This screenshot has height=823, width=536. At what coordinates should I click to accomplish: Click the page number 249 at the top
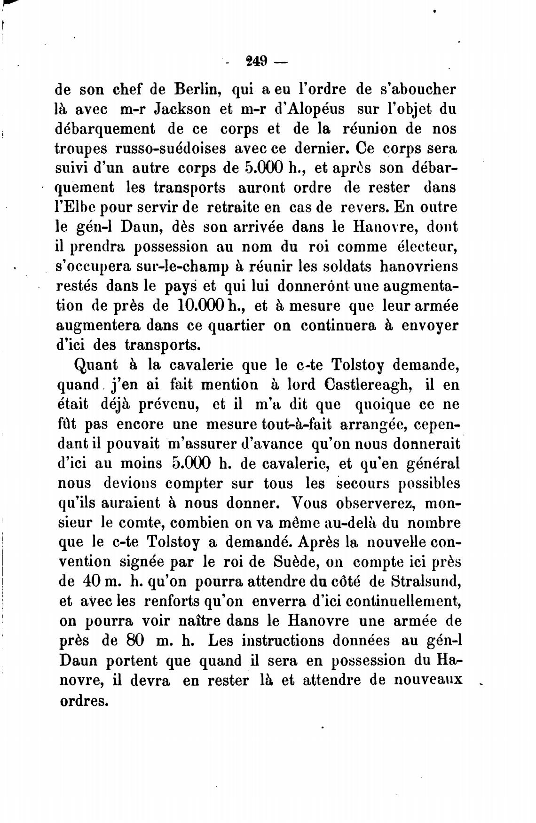[x=256, y=61]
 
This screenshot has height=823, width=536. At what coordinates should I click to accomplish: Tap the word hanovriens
[x=418, y=266]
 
